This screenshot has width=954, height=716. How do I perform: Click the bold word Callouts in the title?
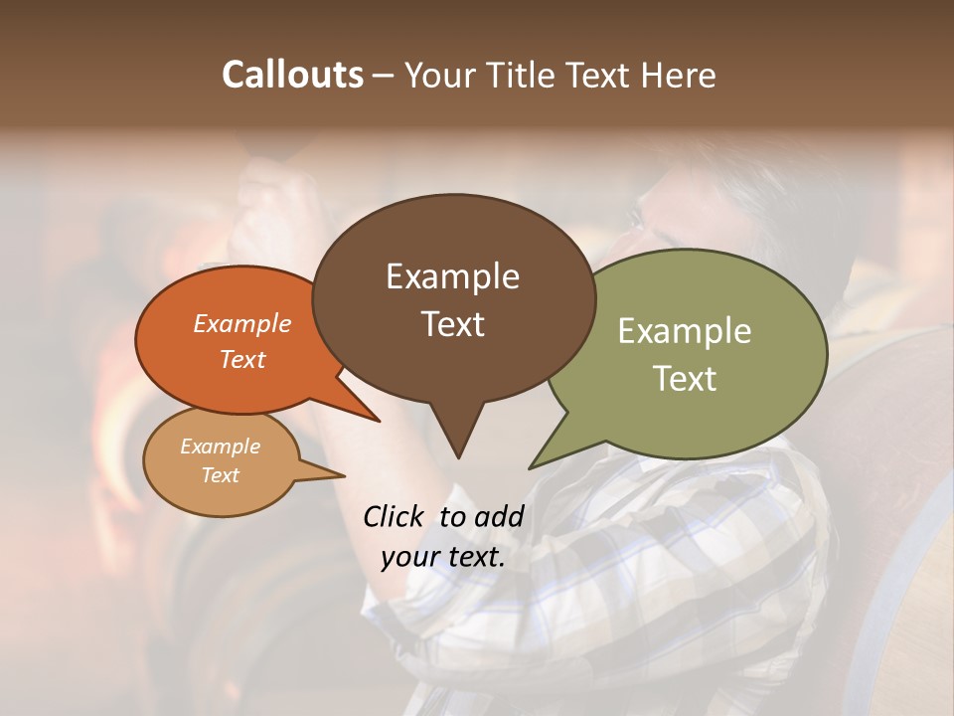pos(292,75)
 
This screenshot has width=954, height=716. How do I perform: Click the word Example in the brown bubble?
pos(452,276)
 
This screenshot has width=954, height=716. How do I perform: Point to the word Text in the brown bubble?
pos(452,323)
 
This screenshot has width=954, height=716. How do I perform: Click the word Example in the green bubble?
pos(685,331)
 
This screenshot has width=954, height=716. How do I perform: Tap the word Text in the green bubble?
pos(685,378)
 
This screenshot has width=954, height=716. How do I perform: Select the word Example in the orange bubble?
pos(242,323)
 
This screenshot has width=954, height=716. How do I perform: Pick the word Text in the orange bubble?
pos(242,359)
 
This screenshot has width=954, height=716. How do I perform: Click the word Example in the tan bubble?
pos(220,447)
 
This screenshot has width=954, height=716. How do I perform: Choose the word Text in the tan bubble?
pos(220,475)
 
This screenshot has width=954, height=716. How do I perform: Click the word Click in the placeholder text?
pos(396,516)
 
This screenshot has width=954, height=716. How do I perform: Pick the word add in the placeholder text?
pos(499,516)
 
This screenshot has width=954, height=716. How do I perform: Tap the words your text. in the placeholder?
pos(443,556)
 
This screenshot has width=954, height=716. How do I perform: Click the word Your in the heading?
pos(440,75)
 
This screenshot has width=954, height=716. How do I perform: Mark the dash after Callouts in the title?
pos(384,76)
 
